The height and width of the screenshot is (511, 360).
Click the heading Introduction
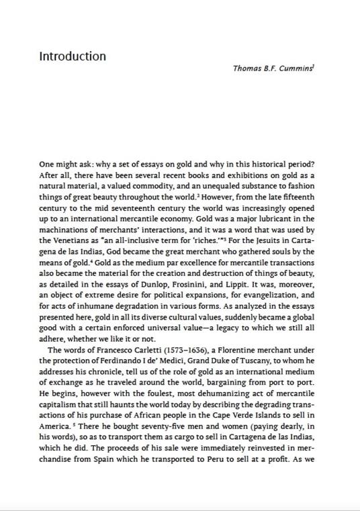coord(73,56)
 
